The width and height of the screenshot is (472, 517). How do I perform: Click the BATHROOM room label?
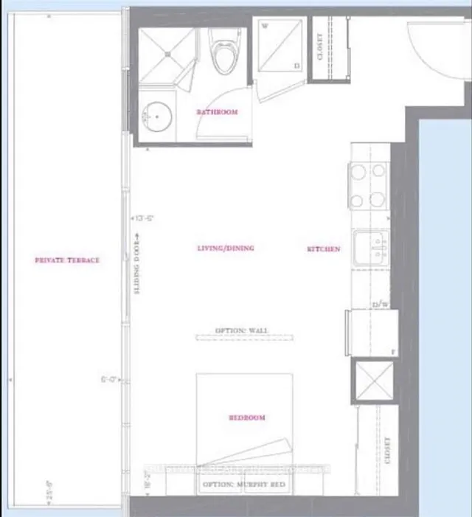217,112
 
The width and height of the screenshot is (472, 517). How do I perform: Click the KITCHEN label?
324,249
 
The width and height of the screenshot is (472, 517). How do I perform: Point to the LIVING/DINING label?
226,249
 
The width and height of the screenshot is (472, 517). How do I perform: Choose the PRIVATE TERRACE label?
67,260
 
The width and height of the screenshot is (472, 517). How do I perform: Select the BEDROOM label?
246,417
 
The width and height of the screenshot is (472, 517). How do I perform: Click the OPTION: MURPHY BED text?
245,485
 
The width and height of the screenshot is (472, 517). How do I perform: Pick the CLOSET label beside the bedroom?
387,450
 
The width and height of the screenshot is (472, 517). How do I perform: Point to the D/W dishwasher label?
379,303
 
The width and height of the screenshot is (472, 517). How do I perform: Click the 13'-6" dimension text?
142,218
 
